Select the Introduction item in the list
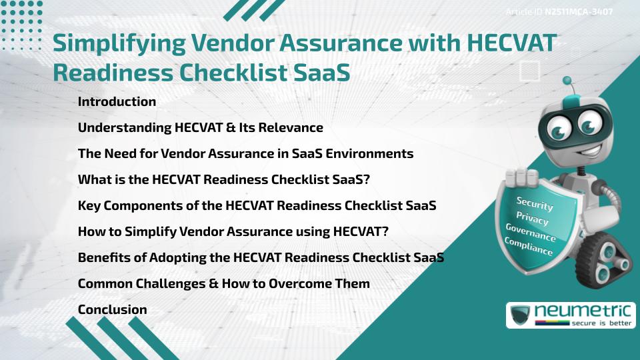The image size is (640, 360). (117, 102)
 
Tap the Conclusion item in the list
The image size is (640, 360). (112, 309)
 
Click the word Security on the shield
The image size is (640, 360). (535, 204)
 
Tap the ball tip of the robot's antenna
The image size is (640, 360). (567, 81)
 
